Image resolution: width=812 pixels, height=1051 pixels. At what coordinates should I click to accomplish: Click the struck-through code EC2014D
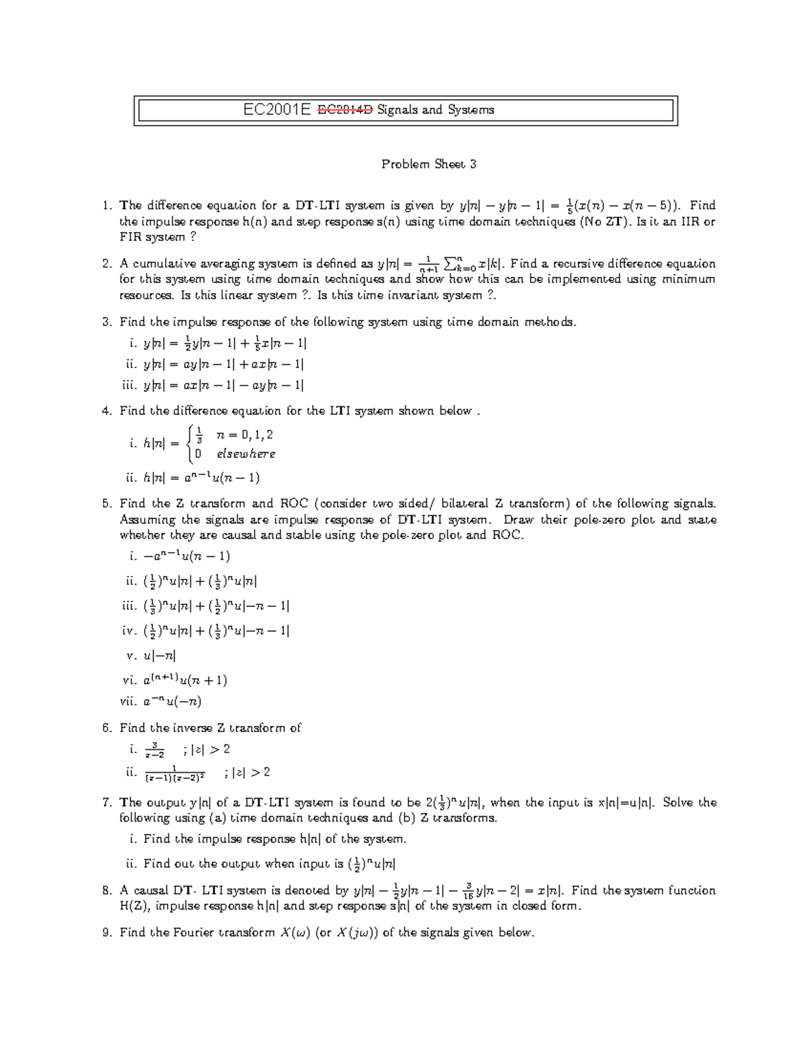tap(345, 110)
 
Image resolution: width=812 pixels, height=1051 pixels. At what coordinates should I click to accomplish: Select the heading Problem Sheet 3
tap(429, 164)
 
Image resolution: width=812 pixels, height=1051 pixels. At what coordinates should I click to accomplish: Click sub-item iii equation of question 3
tap(223, 386)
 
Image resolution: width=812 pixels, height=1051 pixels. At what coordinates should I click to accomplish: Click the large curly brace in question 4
tap(194, 443)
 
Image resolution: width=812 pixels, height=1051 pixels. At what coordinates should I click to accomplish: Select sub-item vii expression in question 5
tap(173, 701)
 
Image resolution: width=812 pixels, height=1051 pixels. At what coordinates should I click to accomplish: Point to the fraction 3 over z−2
tap(154, 750)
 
